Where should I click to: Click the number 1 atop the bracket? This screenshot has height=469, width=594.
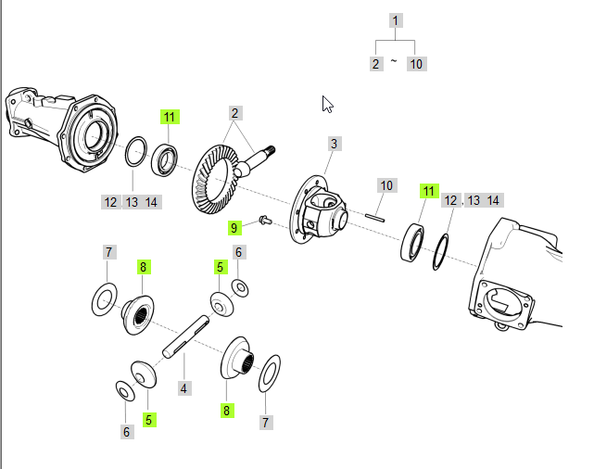[x=396, y=20]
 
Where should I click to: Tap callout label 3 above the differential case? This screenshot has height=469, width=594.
[x=334, y=144]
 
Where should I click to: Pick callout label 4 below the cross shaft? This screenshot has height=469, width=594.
[x=184, y=388]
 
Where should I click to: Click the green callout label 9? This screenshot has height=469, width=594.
[x=234, y=227]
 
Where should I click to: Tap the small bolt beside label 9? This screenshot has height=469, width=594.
[x=262, y=221]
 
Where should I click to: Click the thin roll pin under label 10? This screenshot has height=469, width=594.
[x=373, y=217]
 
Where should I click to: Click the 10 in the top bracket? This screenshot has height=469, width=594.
[x=416, y=63]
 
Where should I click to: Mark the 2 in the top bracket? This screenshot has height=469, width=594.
[x=375, y=63]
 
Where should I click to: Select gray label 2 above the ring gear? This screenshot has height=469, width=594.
[x=235, y=113]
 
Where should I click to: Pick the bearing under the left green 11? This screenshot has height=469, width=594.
[x=167, y=158]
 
